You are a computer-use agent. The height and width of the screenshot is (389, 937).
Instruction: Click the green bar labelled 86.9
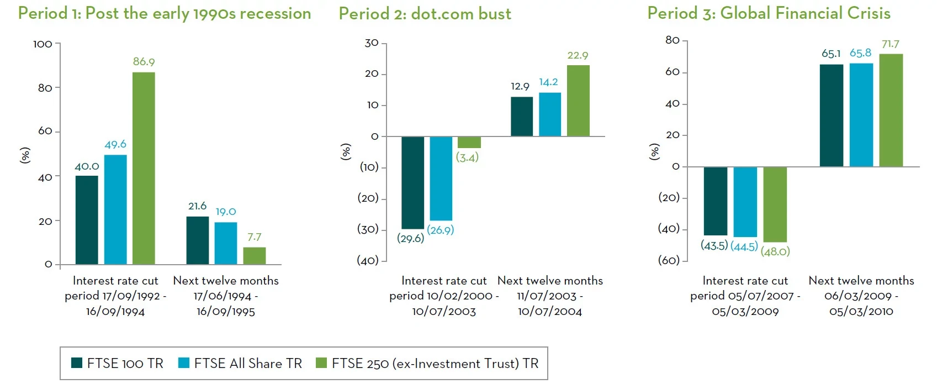pos(144,168)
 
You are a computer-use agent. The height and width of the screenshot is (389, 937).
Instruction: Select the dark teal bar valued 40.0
pos(87,220)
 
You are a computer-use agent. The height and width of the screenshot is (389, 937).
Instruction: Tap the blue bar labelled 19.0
pos(226,243)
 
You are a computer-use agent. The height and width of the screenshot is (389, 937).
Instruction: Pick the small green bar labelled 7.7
pos(255,256)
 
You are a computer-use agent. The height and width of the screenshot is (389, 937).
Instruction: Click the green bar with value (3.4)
pos(469,143)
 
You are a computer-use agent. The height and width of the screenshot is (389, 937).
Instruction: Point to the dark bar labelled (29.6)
pos(412,182)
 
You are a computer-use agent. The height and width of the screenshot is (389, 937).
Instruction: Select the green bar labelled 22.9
pos(578,101)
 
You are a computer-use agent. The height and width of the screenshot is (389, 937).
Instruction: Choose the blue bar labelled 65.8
pos(861,115)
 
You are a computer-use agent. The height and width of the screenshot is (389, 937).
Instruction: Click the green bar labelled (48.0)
pos(775,204)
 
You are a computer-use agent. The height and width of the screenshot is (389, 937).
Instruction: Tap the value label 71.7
pos(890,44)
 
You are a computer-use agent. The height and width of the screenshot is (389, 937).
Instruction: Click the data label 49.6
pos(115,144)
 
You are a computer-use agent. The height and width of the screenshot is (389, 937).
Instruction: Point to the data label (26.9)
pos(441,230)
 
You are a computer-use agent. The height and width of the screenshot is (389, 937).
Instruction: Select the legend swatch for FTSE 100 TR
pos(77,363)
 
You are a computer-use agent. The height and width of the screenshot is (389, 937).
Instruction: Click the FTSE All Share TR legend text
pos(248,364)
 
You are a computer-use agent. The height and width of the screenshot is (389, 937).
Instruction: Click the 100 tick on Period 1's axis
pos(43,44)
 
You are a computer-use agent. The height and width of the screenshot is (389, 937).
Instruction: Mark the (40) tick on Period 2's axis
pos(368,260)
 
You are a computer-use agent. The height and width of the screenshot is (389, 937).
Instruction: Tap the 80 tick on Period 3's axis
pos(672,40)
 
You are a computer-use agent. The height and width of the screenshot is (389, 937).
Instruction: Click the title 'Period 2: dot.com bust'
pos(425,14)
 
